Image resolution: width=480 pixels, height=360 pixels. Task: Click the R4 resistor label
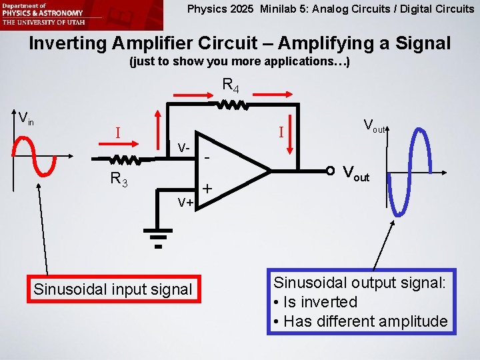pyautogui.click(x=231, y=85)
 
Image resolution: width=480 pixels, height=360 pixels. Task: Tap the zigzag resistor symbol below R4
pyautogui.click(x=231, y=105)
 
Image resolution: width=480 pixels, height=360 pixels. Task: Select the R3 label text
pyautogui.click(x=119, y=178)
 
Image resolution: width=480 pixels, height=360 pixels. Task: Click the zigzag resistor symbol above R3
pyautogui.click(x=124, y=160)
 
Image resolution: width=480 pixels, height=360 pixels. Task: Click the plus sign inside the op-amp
pyautogui.click(x=208, y=189)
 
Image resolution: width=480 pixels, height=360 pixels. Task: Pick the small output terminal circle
pyautogui.click(x=330, y=171)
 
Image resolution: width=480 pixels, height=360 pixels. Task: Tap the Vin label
pyautogui.click(x=26, y=119)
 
